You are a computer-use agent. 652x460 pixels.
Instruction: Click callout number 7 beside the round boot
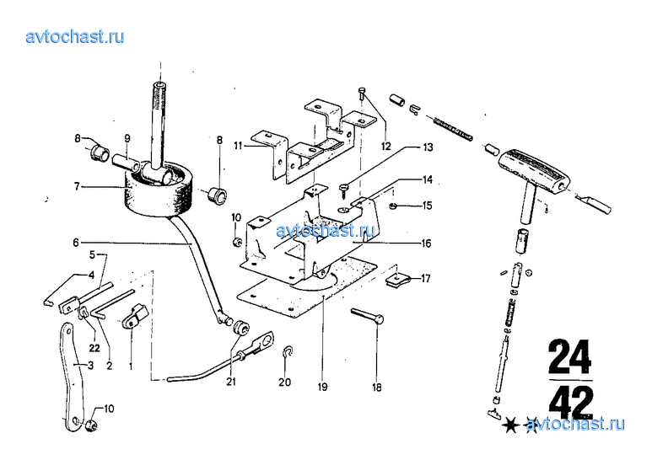pos(77,185)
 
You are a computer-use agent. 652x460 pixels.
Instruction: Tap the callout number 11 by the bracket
pos(239,146)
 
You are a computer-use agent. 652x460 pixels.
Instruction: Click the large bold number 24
pos(569,356)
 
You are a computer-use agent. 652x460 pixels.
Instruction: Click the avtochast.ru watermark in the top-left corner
pos(76,36)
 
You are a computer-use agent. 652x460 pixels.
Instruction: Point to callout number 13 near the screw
pos(428,147)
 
